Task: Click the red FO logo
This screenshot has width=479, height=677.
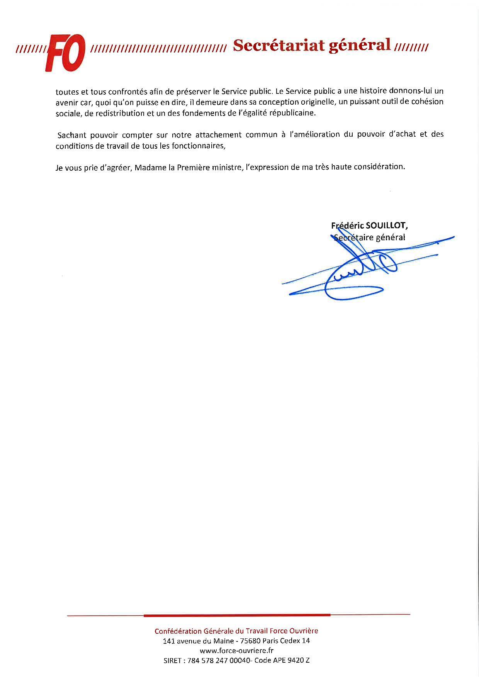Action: point(65,53)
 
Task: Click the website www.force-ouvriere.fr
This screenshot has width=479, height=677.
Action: point(237,650)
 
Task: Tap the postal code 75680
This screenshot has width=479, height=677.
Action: point(250,641)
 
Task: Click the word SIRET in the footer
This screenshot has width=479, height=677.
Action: point(173,660)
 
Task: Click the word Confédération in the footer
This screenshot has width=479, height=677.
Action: point(178,631)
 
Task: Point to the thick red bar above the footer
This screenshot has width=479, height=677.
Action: point(237,615)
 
